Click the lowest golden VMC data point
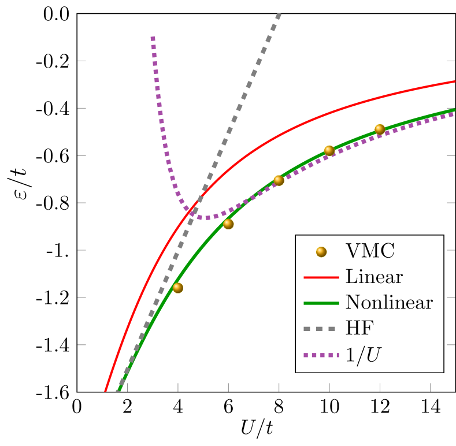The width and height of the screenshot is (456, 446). point(178,288)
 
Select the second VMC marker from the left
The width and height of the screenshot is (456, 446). point(228,224)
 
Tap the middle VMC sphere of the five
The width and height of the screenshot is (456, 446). point(279,180)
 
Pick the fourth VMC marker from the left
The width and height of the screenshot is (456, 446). point(329,150)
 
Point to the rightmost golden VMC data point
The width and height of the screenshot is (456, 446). point(380,129)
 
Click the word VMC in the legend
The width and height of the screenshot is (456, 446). point(370,251)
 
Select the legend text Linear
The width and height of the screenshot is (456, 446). point(374,277)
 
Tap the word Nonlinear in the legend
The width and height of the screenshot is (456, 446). point(389,302)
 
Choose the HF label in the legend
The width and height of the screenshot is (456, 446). point(359,328)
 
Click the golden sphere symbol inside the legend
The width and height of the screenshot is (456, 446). point(321,252)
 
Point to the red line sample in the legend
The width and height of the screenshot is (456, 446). point(321,277)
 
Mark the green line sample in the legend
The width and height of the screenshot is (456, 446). point(321,303)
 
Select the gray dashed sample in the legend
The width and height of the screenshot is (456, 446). point(321,328)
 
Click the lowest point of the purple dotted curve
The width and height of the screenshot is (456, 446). point(207,218)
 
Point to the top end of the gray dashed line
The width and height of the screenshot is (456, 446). point(279,14)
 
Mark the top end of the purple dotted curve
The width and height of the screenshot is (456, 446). point(153,38)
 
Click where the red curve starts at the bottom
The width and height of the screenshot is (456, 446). point(106,391)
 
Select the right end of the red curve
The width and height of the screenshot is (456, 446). point(454,81)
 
